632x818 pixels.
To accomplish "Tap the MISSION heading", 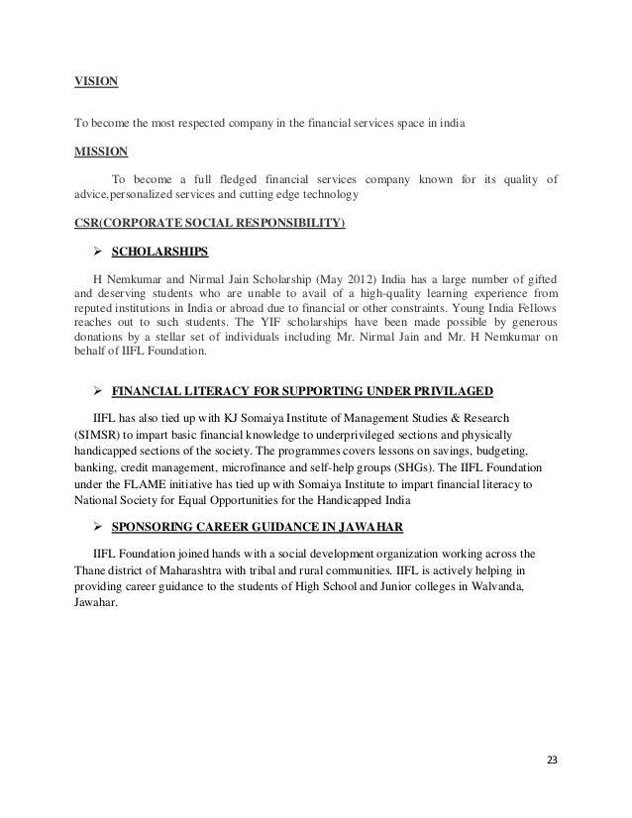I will point(101,152).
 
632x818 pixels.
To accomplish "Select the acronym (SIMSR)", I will point(101,435).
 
